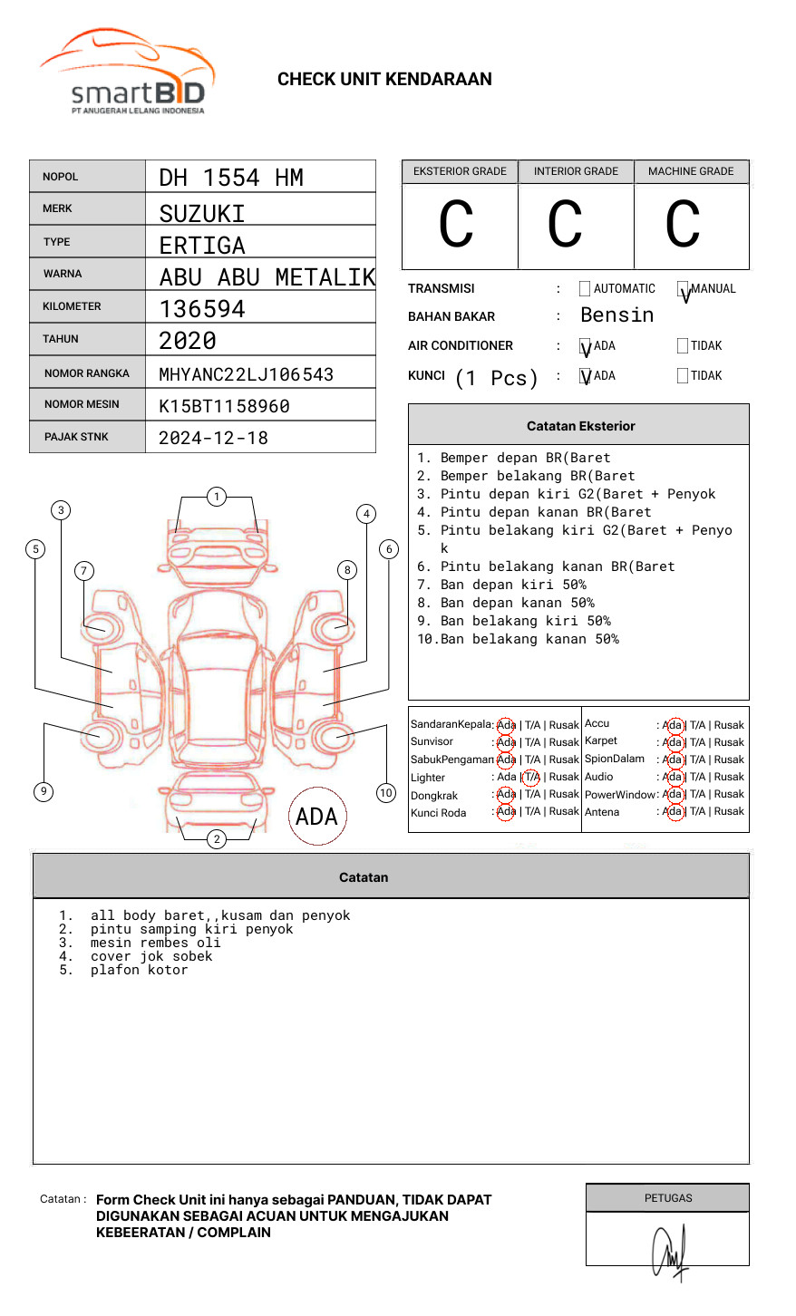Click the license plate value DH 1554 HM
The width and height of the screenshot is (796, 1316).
pyautogui.click(x=231, y=178)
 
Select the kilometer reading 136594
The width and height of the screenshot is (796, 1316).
pyautogui.click(x=202, y=309)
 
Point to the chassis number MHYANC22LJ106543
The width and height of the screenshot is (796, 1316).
pyautogui.click(x=246, y=374)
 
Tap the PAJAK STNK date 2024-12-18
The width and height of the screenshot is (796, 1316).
pyautogui.click(x=213, y=438)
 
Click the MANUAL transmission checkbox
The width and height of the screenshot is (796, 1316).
pyautogui.click(x=683, y=289)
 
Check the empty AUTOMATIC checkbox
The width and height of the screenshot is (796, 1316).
pyautogui.click(x=585, y=289)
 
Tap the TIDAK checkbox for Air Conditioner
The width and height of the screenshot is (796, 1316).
pyautogui.click(x=683, y=345)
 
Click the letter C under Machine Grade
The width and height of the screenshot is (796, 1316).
pyautogui.click(x=683, y=225)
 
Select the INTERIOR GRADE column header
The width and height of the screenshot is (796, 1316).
pyautogui.click(x=576, y=171)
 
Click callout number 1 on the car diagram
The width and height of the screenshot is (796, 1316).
pyautogui.click(x=216, y=497)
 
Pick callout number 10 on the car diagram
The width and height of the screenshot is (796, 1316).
pyautogui.click(x=386, y=793)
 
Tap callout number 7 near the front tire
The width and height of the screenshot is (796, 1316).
pyautogui.click(x=84, y=570)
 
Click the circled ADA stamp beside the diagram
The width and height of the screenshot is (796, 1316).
pyautogui.click(x=316, y=817)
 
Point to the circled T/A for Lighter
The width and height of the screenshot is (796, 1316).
pyautogui.click(x=531, y=777)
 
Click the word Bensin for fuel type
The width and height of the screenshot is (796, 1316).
pyautogui.click(x=616, y=315)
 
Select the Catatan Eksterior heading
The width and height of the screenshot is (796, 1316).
pyautogui.click(x=580, y=426)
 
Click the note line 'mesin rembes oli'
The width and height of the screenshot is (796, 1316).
pyautogui.click(x=155, y=943)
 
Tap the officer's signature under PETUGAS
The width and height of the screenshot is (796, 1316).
pyautogui.click(x=670, y=1251)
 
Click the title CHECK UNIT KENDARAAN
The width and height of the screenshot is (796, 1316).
pyautogui.click(x=384, y=79)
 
